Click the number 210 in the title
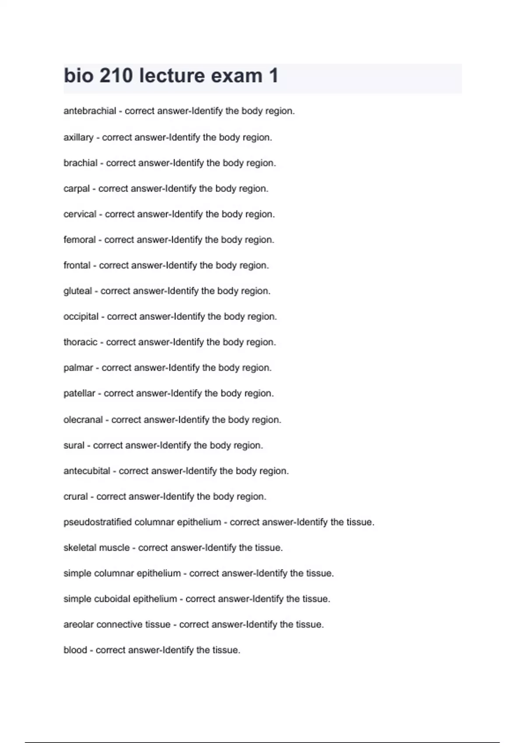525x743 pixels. tap(116, 76)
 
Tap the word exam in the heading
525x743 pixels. tap(237, 76)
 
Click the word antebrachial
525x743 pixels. tap(90, 111)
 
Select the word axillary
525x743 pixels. tap(78, 137)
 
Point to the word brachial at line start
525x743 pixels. tap(80, 163)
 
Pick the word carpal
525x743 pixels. tap(77, 189)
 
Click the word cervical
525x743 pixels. tap(80, 214)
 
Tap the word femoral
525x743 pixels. tap(79, 240)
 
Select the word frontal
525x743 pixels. tap(77, 265)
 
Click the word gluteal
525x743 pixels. tap(77, 291)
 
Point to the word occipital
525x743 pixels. tap(81, 316)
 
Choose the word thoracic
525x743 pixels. tap(80, 342)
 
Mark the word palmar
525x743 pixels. tap(78, 368)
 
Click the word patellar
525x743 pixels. tap(79, 393)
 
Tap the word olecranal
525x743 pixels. tap(83, 420)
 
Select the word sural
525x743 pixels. tap(73, 445)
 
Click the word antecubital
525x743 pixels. tap(87, 471)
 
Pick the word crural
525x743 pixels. tap(75, 496)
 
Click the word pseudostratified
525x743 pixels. tap(97, 522)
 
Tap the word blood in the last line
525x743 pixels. tap(75, 650)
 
